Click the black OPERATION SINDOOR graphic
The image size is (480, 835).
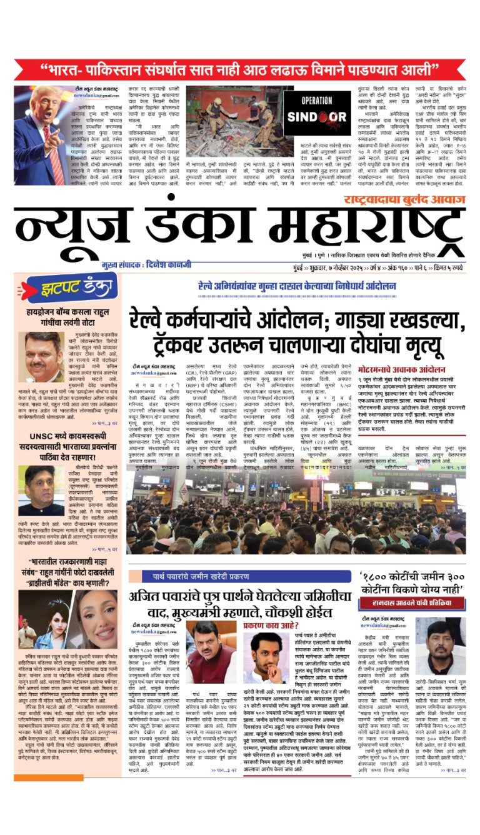tap(317, 114)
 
